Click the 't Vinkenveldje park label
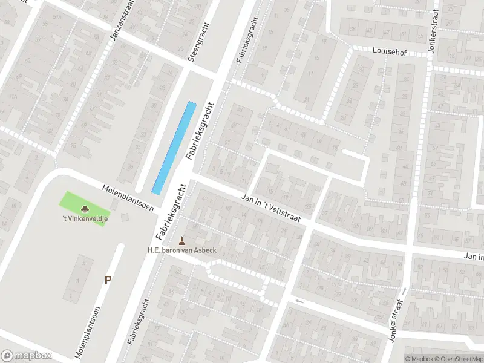84,219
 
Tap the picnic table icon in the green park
85,209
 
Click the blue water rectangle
174,147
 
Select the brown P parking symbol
108,280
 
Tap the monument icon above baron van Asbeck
182,240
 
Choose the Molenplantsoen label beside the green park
128,197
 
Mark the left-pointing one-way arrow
298,301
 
